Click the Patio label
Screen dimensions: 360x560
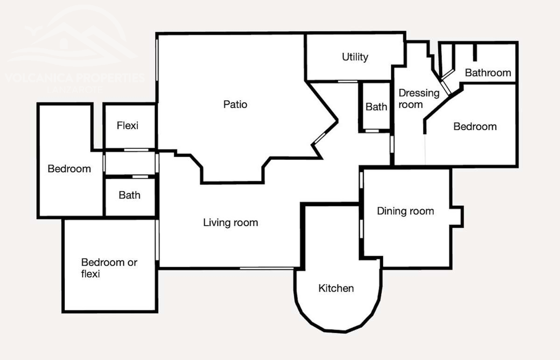[235, 104]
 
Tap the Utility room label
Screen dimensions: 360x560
[355, 57]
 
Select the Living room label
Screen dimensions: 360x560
[230, 223]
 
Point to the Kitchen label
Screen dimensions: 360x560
[336, 288]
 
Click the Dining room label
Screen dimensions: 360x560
[405, 211]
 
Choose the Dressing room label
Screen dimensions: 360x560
[418, 99]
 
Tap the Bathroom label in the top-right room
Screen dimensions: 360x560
[488, 73]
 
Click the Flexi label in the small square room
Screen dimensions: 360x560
[128, 126]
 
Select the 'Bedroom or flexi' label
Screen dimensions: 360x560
[109, 268]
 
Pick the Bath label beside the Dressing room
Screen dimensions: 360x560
[376, 107]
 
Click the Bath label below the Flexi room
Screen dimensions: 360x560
[129, 196]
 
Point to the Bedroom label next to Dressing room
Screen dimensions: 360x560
[475, 127]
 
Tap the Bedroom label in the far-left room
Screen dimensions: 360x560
[69, 169]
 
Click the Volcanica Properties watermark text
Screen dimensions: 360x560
[75, 78]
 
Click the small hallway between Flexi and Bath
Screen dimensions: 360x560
[130, 163]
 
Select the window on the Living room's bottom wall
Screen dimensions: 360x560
[267, 268]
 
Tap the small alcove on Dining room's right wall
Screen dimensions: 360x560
[456, 216]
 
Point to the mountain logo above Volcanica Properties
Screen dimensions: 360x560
[73, 39]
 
